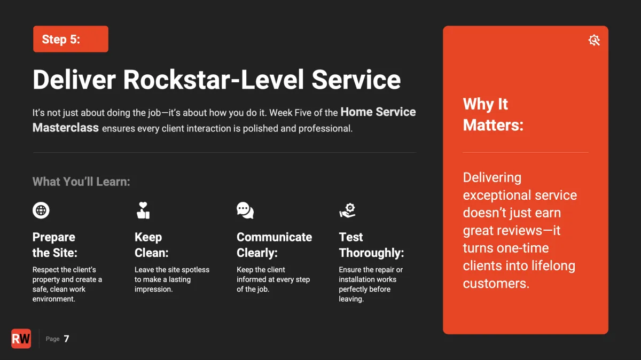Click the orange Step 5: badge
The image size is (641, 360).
pos(71,39)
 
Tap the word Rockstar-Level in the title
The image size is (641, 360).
pos(213,80)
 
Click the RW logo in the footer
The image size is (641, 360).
pos(21,339)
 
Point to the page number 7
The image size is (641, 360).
pos(66,339)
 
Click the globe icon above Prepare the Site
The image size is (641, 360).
pos(41,210)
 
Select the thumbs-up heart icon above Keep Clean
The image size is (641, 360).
pos(143,210)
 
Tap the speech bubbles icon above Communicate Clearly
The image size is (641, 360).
pos(245,210)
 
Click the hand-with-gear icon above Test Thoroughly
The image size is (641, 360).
pos(347,210)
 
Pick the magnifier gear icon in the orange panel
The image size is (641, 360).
pos(594,40)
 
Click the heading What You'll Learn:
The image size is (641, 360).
pos(81,182)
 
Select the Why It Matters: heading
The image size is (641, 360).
pos(493,114)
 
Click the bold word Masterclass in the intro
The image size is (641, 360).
pos(66,128)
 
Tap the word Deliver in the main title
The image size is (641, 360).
pos(74,80)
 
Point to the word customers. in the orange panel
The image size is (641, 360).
pos(496,283)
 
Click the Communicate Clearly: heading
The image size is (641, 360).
pos(274,245)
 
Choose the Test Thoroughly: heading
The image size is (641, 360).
pos(371,245)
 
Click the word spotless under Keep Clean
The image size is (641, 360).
pos(196,270)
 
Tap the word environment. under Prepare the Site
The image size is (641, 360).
pos(54,299)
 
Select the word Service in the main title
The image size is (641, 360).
pos(356,80)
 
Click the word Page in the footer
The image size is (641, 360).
pos(53,339)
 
